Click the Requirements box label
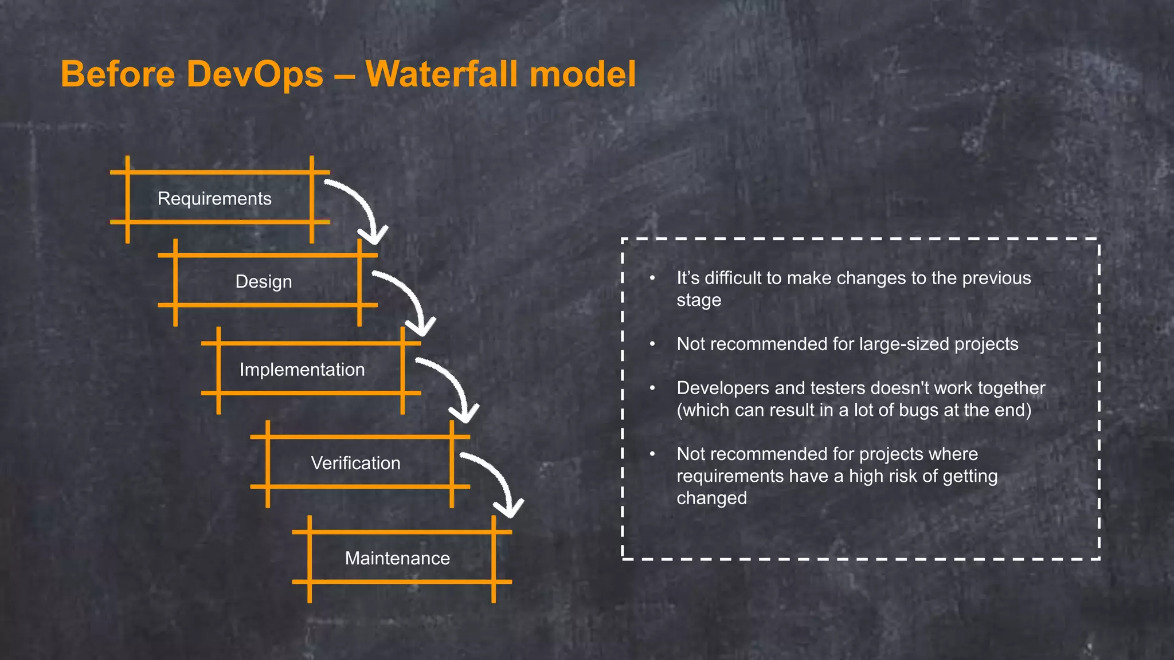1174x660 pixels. coord(214,199)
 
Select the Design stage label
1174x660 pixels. coord(264,282)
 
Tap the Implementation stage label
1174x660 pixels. coord(302,370)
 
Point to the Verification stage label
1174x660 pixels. coord(355,463)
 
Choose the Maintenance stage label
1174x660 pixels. coord(397,558)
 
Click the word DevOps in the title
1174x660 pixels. coord(255,74)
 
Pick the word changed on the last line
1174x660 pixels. coord(711,498)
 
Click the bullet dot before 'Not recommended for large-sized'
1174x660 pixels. coord(652,344)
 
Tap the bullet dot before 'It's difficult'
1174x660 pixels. coord(652,278)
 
